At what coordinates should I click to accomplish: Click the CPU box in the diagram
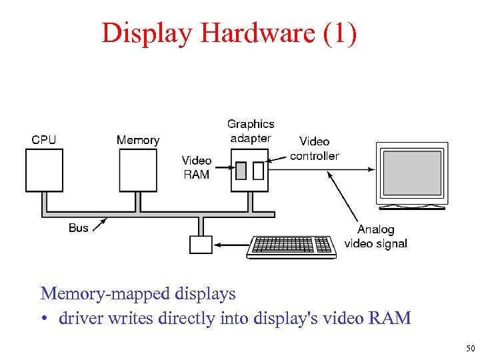click(x=45, y=170)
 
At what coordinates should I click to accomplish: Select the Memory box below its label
click(x=138, y=170)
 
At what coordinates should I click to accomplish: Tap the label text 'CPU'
click(x=44, y=139)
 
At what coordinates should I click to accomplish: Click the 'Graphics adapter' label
click(x=251, y=131)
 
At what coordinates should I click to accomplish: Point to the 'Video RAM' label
click(x=197, y=167)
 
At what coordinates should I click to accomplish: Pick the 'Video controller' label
click(x=314, y=148)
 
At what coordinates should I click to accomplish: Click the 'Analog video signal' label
click(x=376, y=237)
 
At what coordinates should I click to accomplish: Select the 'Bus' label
click(x=78, y=228)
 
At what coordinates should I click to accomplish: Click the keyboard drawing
click(x=291, y=246)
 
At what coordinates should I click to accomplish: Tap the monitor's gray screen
click(x=411, y=172)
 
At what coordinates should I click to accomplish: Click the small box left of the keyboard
click(x=200, y=245)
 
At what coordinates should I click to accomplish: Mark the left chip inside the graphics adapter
click(x=241, y=171)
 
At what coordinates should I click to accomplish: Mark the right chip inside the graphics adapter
click(x=259, y=171)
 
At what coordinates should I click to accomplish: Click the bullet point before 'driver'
click(x=45, y=319)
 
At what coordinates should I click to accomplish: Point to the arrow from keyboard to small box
click(x=230, y=245)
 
